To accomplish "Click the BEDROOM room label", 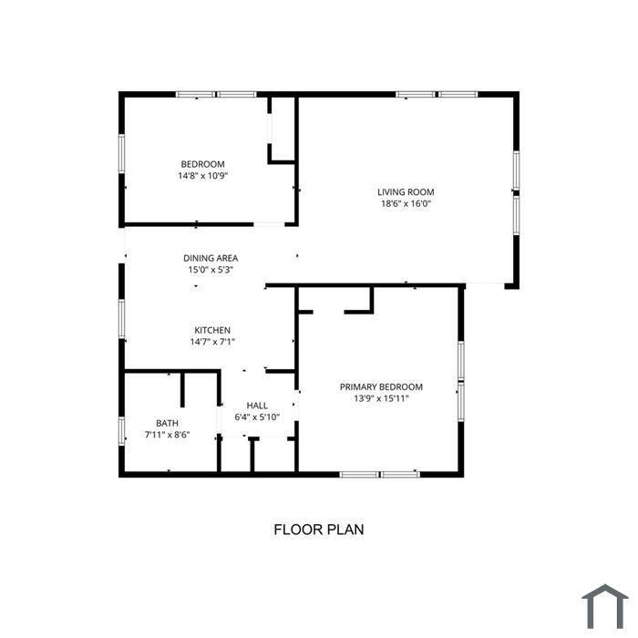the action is click(x=202, y=164).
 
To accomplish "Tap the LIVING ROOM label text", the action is click(x=406, y=192).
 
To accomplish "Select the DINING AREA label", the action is click(x=211, y=258).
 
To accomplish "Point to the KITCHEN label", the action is click(x=212, y=330).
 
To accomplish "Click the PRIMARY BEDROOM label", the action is click(x=381, y=386).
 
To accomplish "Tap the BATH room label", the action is click(x=167, y=423).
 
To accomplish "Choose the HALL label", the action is click(x=257, y=406).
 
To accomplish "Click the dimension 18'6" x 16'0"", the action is click(x=406, y=203).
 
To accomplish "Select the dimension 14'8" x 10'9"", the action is click(x=202, y=176).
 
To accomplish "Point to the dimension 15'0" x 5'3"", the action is click(x=211, y=270).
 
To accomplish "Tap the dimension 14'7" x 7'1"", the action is click(x=212, y=342).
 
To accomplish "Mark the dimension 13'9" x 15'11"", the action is click(x=381, y=398).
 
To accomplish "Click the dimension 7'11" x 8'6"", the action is click(x=167, y=435).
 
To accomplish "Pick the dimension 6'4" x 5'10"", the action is click(x=257, y=417).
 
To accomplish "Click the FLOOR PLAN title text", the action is click(x=319, y=530).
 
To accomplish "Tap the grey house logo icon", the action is click(x=605, y=606).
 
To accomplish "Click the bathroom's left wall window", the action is click(x=121, y=430).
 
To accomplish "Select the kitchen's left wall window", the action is click(x=121, y=319).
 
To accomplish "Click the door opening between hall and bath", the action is click(x=219, y=420).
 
